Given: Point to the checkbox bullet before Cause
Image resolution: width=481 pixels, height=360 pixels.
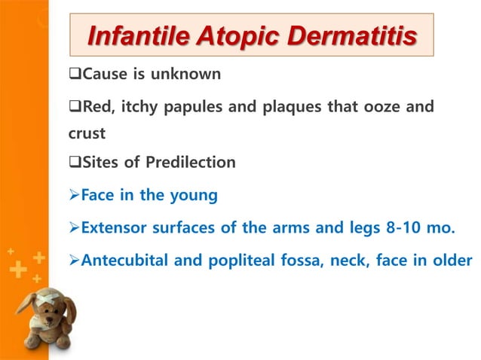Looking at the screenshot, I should pos(75,75).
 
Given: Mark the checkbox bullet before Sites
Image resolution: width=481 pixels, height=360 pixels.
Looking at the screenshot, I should pos(75,162).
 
